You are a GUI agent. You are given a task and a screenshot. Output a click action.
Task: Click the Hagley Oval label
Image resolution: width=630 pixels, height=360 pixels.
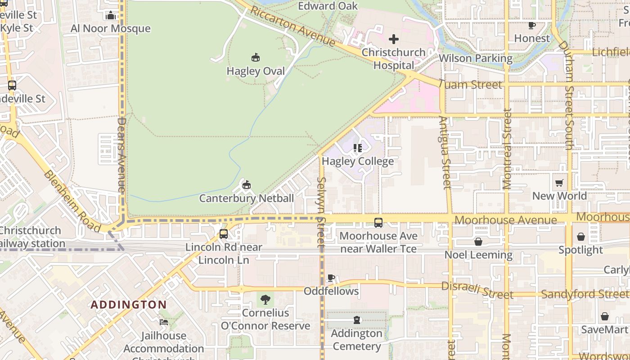[x=256, y=71]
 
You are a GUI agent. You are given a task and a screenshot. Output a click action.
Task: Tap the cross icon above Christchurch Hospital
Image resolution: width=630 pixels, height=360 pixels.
[x=394, y=39]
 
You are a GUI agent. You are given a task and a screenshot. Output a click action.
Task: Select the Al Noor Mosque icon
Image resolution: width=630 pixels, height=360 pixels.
[x=111, y=16]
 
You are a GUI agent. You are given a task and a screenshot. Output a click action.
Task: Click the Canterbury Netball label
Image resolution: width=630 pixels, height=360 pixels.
[x=247, y=198]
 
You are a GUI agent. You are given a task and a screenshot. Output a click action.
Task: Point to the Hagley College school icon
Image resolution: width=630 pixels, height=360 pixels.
[x=358, y=148]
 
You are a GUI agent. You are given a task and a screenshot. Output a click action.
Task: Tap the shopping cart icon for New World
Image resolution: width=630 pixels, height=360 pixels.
[x=559, y=183]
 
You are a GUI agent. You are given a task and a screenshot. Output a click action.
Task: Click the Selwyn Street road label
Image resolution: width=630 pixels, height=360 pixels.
[x=321, y=211]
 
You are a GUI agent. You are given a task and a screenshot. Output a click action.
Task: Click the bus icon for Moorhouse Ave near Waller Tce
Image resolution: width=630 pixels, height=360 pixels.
[x=378, y=222]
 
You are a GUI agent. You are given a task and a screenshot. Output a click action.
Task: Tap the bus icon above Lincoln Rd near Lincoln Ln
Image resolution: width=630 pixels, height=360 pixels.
[x=224, y=234]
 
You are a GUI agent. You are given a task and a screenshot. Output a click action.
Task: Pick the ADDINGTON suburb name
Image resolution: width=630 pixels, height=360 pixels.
[x=129, y=305]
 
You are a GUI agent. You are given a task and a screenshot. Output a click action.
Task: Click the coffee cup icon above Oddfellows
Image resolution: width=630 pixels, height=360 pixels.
[x=331, y=278]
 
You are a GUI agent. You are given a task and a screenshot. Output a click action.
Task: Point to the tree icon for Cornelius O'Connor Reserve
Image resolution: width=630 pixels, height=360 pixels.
[x=265, y=299]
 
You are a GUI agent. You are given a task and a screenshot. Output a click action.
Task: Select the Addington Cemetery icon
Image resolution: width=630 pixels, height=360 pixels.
[x=357, y=320]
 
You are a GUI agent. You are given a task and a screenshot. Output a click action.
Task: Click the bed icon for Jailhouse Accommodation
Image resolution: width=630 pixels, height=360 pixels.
[x=164, y=322]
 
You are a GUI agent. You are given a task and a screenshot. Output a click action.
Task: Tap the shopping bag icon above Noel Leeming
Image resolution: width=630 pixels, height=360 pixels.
[x=478, y=242]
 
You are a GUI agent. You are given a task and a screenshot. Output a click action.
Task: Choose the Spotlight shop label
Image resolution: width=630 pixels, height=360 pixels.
[x=580, y=250]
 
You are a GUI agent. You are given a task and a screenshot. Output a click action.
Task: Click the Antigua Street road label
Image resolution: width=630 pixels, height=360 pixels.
[x=445, y=153]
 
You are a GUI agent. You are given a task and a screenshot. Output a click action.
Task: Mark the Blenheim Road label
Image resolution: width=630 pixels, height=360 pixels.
[x=72, y=201]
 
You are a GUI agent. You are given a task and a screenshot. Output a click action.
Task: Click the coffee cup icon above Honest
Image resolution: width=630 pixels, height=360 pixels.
[x=532, y=25]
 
